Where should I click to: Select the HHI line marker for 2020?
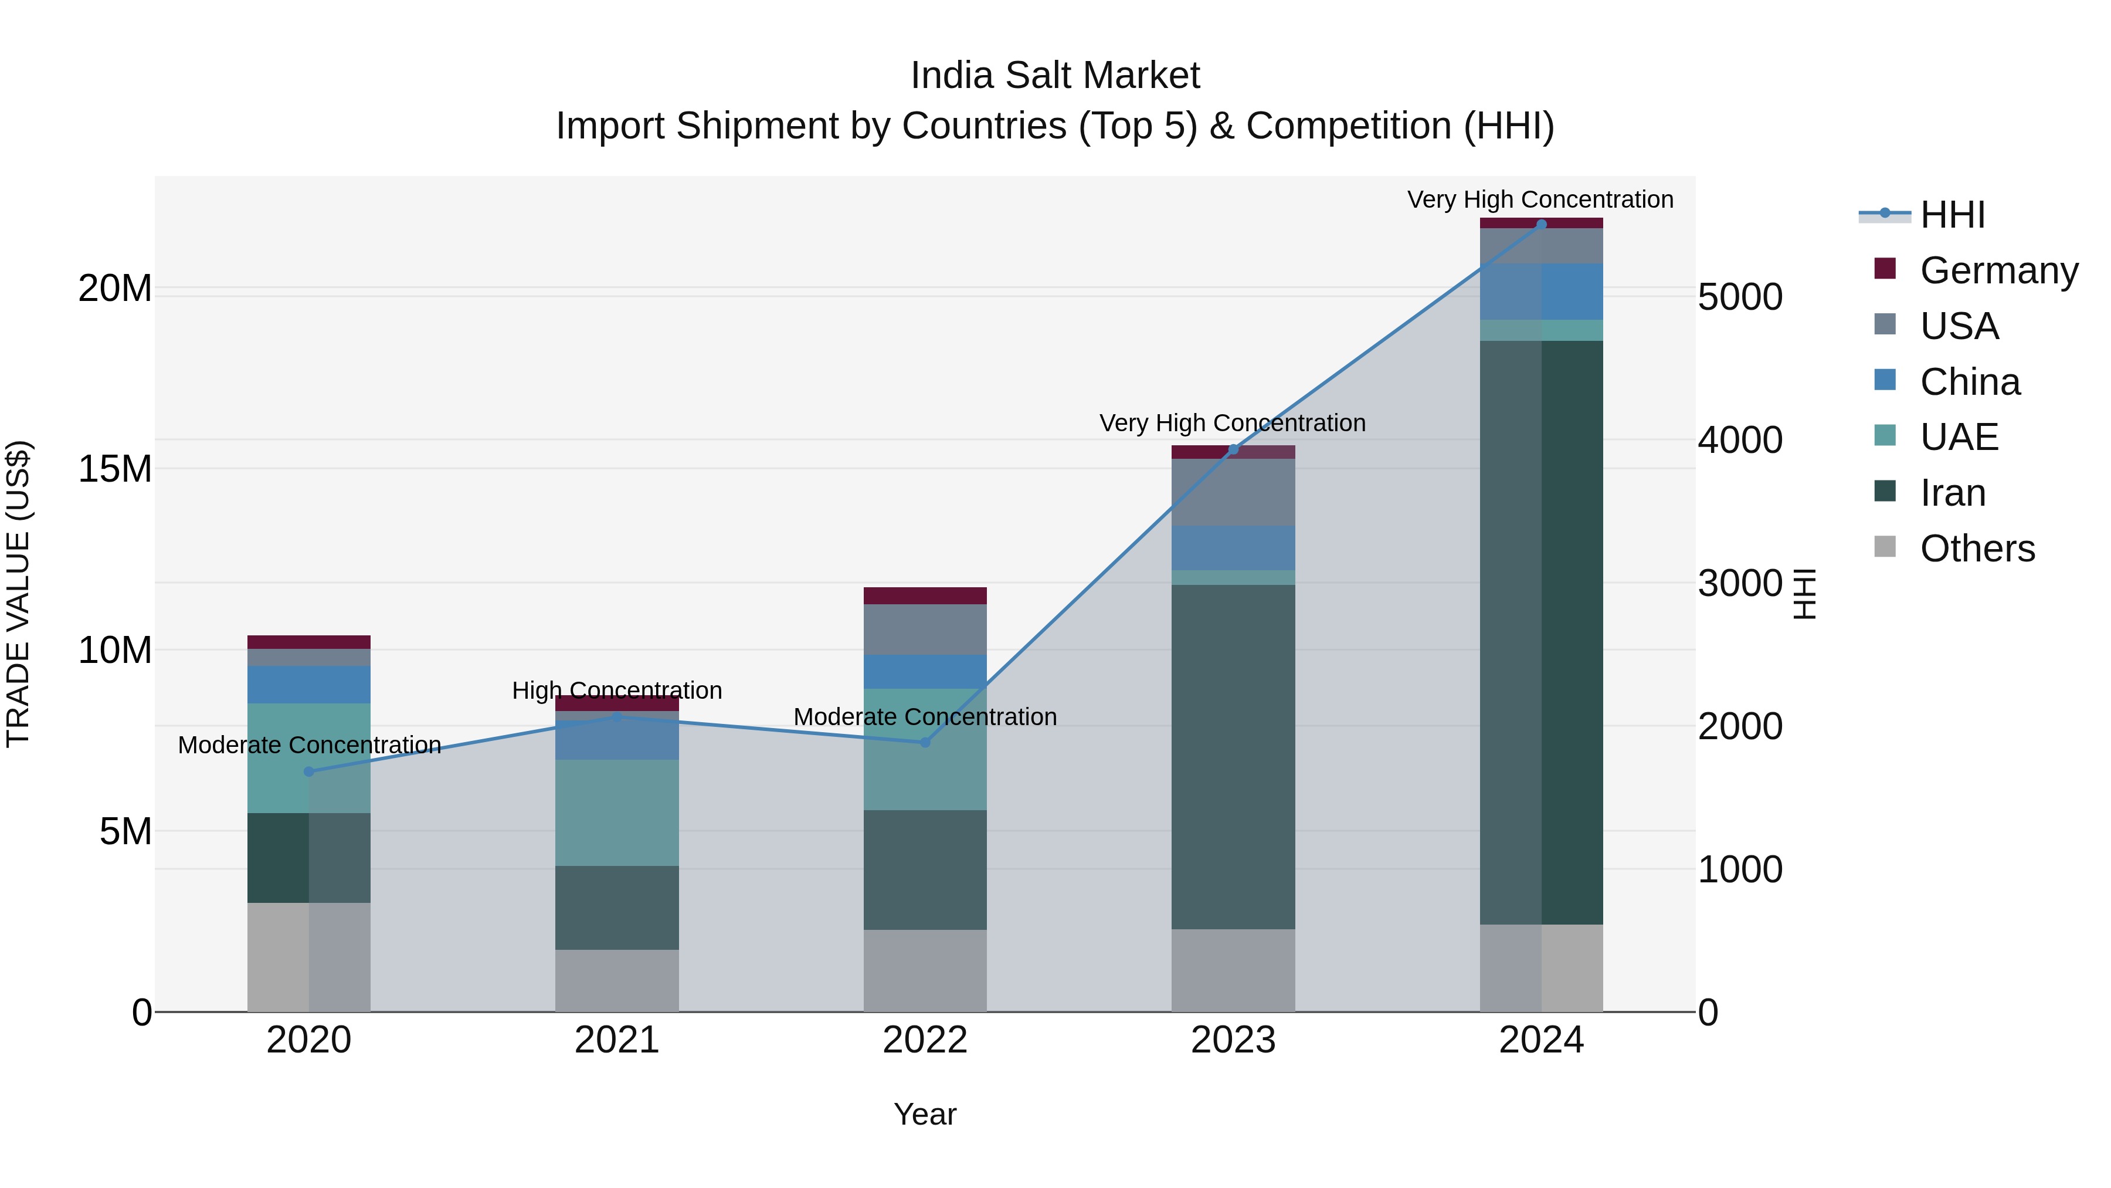309,771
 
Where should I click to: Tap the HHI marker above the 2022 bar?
925,743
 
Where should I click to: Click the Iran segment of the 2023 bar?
1233,756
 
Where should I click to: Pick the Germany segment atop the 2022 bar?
925,596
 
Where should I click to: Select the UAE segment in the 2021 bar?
617,813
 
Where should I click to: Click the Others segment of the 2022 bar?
925,971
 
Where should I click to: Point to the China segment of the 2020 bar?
309,685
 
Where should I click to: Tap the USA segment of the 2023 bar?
1233,492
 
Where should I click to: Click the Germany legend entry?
1998,270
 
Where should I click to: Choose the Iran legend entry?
1952,493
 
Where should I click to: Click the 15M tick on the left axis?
115,469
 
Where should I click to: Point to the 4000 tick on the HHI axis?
1740,440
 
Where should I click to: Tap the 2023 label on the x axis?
1233,1040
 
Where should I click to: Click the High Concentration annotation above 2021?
617,691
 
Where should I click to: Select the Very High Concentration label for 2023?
1233,423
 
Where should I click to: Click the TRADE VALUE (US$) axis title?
18,594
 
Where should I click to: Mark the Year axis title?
925,1114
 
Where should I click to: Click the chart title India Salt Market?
1055,76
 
